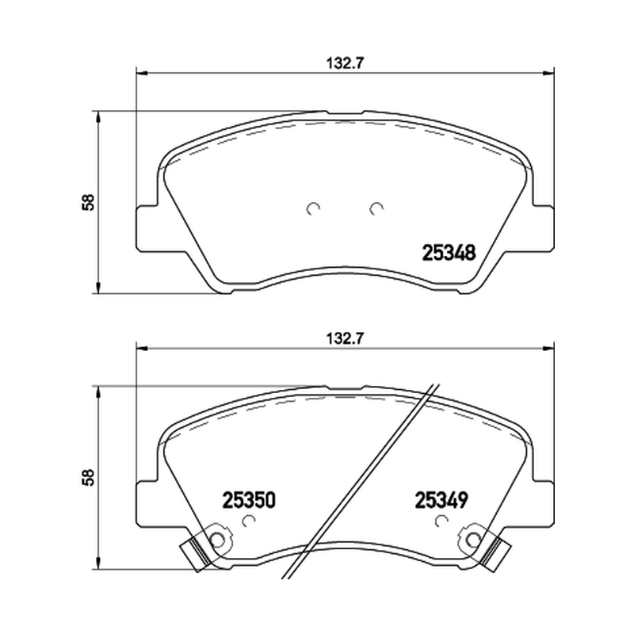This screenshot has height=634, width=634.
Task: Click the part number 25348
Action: pos(449,253)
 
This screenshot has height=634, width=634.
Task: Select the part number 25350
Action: pos(249,500)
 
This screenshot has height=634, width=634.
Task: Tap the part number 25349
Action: pos(441,500)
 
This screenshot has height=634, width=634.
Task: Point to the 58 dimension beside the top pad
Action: pos(88,202)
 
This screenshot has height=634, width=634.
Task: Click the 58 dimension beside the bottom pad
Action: pos(88,477)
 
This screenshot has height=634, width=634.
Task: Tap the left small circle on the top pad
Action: pos(313,208)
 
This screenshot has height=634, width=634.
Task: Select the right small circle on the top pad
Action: pos(376,208)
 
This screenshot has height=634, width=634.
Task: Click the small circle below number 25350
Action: pos(249,521)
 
